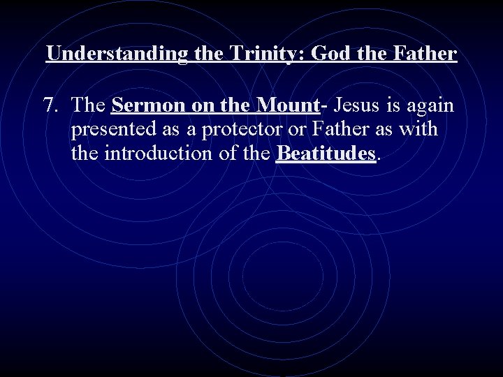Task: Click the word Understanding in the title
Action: [117, 54]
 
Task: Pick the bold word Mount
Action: [287, 106]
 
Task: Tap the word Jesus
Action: [357, 106]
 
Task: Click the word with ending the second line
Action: [418, 129]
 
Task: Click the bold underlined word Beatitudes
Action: [326, 153]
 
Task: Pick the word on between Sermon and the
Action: [205, 106]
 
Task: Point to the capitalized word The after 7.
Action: [88, 106]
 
